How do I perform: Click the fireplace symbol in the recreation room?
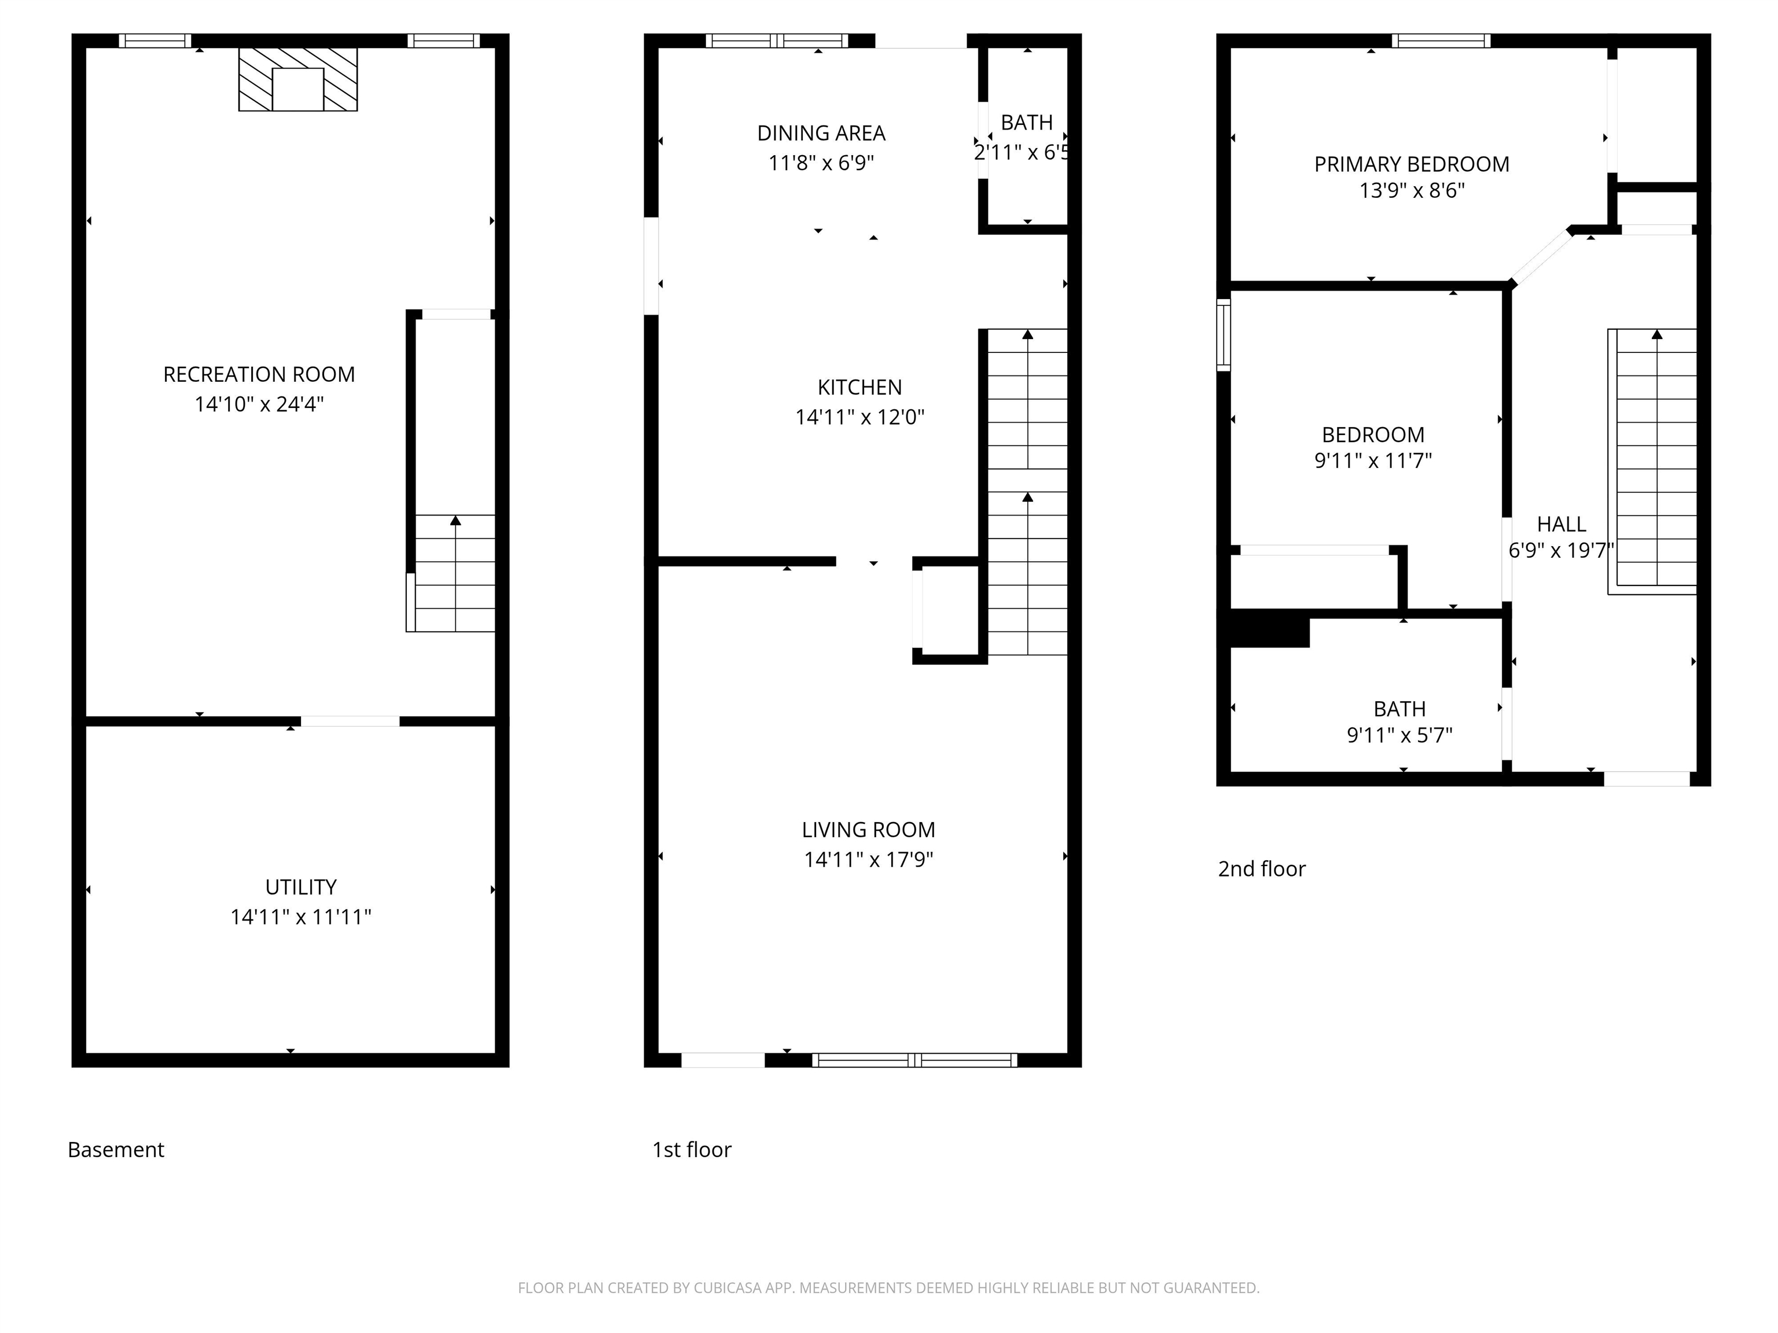coord(297,79)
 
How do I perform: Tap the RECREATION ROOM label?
coord(259,374)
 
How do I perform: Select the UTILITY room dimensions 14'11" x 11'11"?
coord(300,917)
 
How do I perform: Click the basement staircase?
coord(454,573)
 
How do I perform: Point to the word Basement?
coord(116,1150)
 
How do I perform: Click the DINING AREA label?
coord(821,134)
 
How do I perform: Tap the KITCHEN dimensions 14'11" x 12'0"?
coord(859,417)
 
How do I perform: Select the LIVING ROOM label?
coord(868,830)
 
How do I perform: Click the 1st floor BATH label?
coord(1026,123)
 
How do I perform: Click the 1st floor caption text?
coord(691,1150)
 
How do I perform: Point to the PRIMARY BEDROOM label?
coord(1412,165)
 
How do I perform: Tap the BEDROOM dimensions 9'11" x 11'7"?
coord(1373,461)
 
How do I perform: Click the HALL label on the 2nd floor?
coord(1561,525)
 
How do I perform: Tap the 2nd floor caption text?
coord(1261,868)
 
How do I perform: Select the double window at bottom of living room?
coord(914,1060)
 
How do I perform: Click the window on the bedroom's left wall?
coord(1224,334)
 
